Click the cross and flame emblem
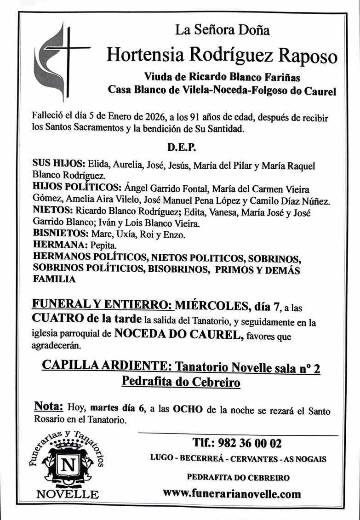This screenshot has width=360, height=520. pyautogui.click(x=62, y=61)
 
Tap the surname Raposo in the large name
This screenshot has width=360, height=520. pyautogui.click(x=309, y=55)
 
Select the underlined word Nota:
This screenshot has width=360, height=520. pyautogui.click(x=48, y=406)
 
